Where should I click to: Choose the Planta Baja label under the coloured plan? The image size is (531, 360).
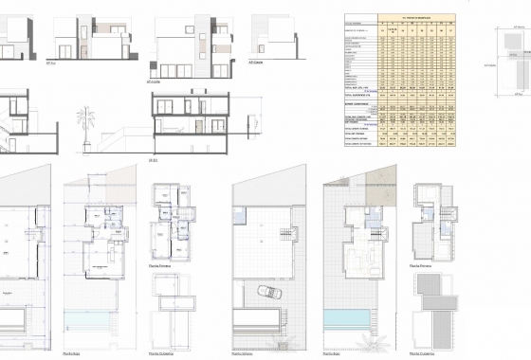click(334, 352)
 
